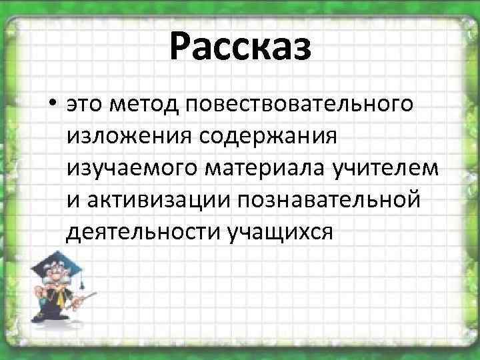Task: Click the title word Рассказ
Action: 240,49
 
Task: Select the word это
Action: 87,105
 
